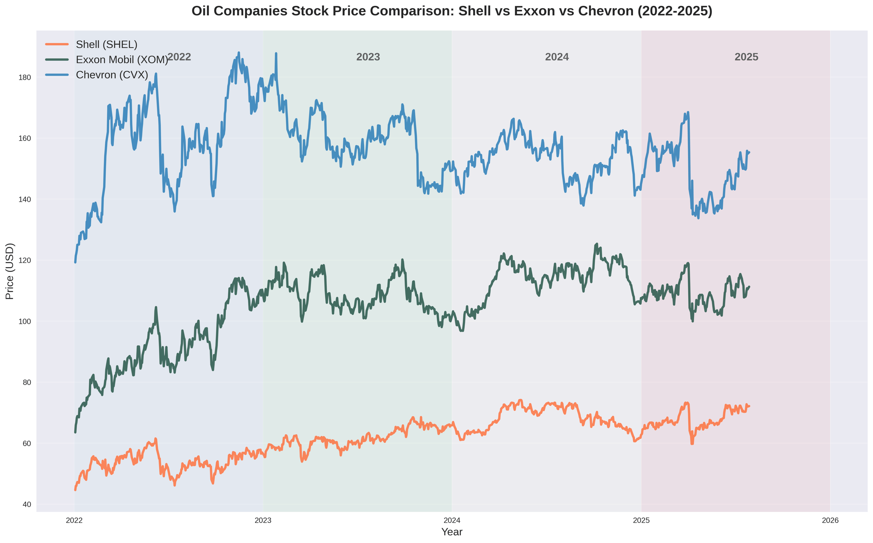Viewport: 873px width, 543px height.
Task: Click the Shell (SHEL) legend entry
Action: click(x=106, y=44)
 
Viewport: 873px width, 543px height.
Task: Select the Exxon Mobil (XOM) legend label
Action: click(x=122, y=60)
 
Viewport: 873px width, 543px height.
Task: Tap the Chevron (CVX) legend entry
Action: click(x=112, y=75)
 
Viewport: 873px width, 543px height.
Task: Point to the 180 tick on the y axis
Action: click(x=25, y=78)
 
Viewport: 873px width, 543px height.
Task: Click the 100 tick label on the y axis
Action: click(x=25, y=322)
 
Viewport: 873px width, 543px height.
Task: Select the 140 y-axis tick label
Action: click(x=25, y=199)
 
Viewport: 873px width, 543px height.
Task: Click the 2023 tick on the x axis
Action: click(x=263, y=521)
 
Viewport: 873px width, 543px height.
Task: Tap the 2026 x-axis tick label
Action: click(x=830, y=521)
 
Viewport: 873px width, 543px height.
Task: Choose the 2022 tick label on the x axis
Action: click(x=74, y=521)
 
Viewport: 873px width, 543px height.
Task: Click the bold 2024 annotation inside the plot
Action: click(x=557, y=57)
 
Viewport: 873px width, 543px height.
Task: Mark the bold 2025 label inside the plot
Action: click(x=746, y=57)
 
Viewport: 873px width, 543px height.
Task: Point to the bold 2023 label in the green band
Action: click(x=368, y=57)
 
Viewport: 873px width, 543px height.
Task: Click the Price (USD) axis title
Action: click(x=10, y=271)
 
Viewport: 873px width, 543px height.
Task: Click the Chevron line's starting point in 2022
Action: click(x=75, y=262)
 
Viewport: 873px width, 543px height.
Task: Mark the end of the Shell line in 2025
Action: click(x=749, y=406)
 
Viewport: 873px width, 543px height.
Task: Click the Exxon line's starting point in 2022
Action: click(x=75, y=432)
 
